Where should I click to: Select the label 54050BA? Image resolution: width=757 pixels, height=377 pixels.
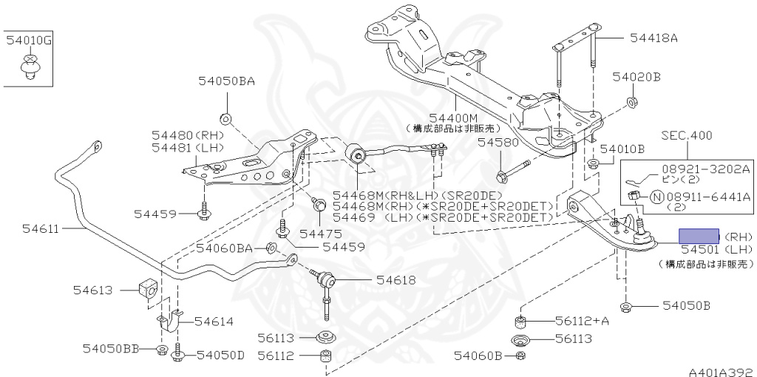(x=226, y=82)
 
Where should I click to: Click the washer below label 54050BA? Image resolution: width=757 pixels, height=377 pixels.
(x=225, y=118)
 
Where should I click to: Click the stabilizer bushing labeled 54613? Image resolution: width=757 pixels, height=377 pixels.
(x=147, y=289)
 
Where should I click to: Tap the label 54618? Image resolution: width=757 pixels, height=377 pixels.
(x=396, y=279)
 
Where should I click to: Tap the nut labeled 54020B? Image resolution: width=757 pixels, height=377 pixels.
(x=633, y=101)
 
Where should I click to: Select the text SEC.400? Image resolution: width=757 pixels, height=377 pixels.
(x=688, y=135)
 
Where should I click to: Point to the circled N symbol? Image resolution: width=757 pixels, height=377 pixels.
(x=656, y=197)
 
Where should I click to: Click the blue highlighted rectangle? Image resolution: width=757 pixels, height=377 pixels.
(x=699, y=236)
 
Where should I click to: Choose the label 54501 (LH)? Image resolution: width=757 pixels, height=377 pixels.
(x=716, y=250)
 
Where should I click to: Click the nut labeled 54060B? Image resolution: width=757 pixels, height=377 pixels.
(x=520, y=356)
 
